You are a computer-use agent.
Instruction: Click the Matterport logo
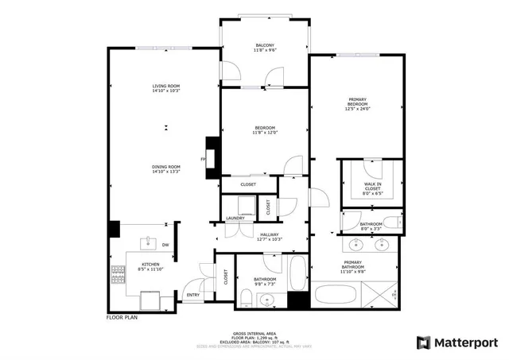point(457,343)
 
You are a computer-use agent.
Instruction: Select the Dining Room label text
point(167,166)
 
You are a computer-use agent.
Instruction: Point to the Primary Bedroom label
point(357,102)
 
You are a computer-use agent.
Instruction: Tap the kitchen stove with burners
point(119,275)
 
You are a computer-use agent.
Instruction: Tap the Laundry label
point(235,218)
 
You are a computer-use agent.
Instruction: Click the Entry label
point(193,295)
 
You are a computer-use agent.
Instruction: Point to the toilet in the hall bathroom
point(247,299)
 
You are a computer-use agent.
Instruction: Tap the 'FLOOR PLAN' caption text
point(123,318)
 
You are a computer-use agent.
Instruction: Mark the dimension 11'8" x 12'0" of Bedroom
point(265,134)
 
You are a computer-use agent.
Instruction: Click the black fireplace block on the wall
point(212,152)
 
